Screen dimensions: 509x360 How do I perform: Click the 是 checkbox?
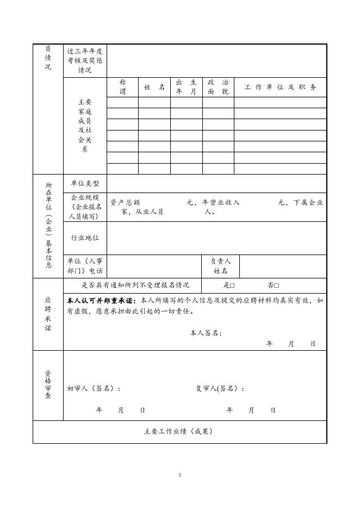(x=232, y=285)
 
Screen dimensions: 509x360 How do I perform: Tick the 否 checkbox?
(x=277, y=285)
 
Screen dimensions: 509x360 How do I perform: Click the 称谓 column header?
(x=122, y=87)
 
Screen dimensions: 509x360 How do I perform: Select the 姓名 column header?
(x=154, y=87)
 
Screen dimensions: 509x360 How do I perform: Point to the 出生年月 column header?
(x=186, y=87)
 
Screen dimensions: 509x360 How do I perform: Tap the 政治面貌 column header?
(x=218, y=87)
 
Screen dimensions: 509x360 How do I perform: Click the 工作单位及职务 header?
(x=280, y=87)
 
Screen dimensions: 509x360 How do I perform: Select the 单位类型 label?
(x=85, y=184)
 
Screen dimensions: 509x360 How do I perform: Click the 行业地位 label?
(x=85, y=238)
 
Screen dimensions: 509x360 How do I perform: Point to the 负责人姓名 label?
(x=220, y=266)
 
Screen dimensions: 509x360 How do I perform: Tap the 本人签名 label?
(x=206, y=333)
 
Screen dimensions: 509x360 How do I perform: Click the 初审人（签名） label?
(x=94, y=388)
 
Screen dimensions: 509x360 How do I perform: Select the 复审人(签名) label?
(x=220, y=388)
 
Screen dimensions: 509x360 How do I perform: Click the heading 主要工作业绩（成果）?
(x=179, y=432)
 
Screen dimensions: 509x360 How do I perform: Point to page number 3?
(x=179, y=475)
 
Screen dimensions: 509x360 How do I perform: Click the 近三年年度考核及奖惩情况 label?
(x=85, y=61)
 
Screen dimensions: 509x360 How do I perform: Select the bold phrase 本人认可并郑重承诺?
(x=102, y=300)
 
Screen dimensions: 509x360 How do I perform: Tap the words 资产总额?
(x=125, y=202)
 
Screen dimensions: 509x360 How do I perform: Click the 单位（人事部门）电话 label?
(x=85, y=266)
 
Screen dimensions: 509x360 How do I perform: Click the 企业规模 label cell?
(x=85, y=207)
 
